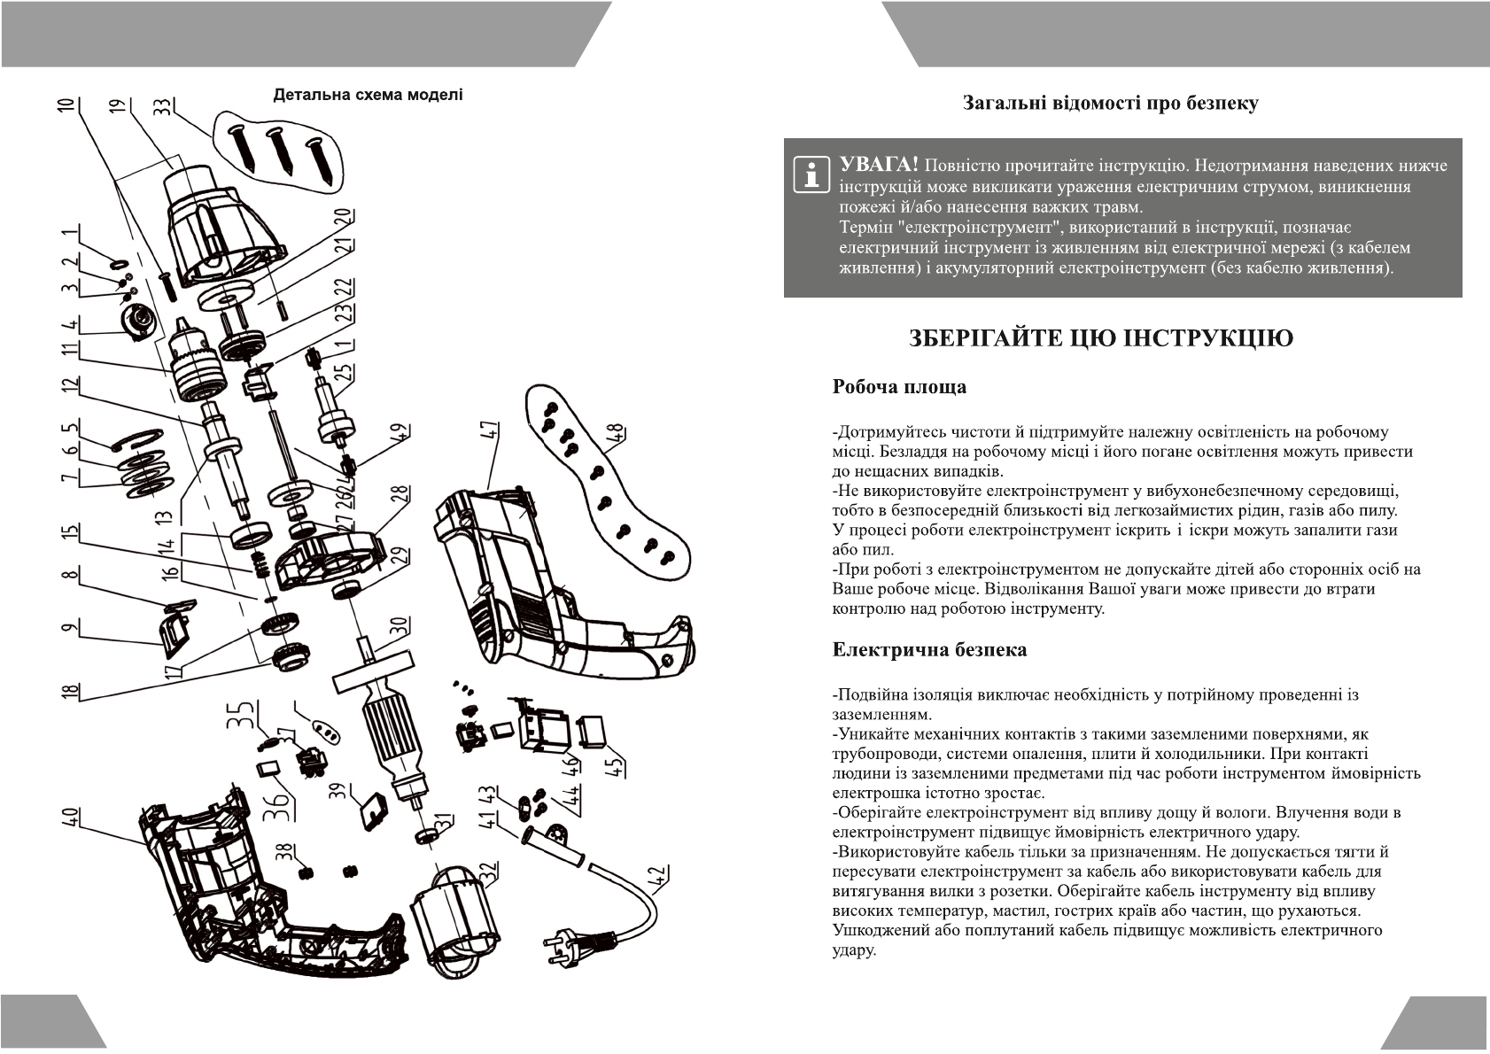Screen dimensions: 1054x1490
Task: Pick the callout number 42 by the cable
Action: [658, 875]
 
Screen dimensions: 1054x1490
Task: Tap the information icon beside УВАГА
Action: [810, 174]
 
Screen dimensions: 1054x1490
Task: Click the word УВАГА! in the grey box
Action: [879, 167]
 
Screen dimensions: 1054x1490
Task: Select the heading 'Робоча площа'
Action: [899, 387]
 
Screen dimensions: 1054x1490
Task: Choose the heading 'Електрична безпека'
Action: [929, 650]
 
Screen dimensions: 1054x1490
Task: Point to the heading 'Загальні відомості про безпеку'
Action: [1111, 104]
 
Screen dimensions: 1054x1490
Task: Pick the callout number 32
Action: [490, 872]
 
